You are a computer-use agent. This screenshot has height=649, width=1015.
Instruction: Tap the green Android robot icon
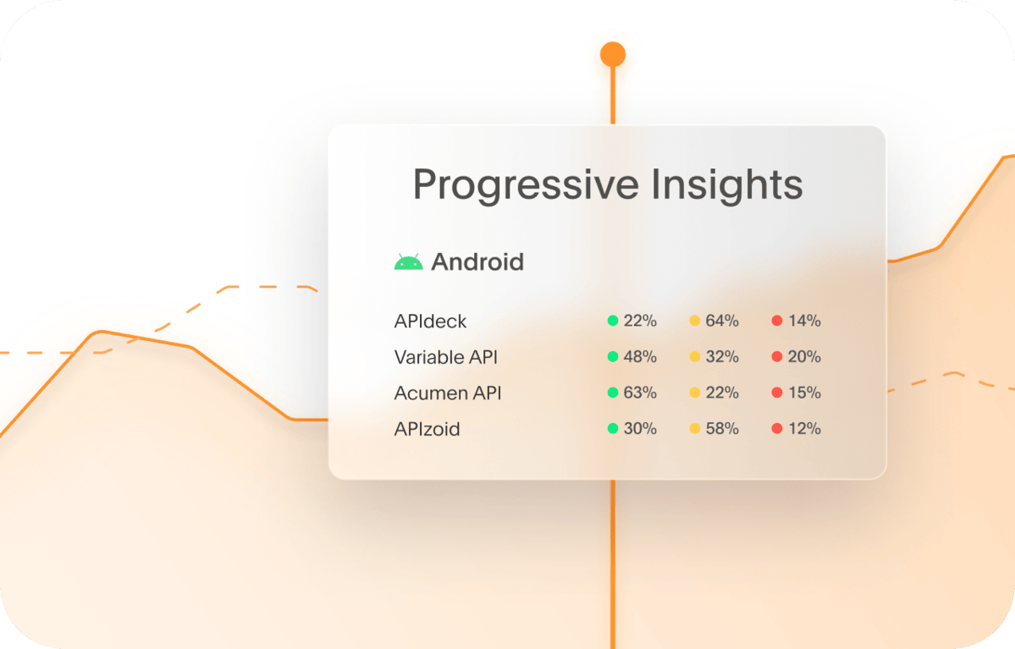coord(408,262)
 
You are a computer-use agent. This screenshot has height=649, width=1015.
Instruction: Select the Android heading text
coord(477,262)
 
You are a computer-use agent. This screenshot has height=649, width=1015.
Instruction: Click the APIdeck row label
coord(430,322)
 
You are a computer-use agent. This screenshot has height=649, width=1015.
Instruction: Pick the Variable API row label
coord(445,357)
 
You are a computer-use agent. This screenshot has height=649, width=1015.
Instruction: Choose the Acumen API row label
coord(448,393)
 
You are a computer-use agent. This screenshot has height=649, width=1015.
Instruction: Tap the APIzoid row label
coord(427,429)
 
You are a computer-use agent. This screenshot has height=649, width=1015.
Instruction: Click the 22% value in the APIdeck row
coord(640,322)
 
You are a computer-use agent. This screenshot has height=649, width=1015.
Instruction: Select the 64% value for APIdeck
coord(722,322)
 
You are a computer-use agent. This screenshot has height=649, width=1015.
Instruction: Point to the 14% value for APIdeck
coord(804,322)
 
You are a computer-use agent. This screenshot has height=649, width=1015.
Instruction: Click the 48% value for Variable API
coord(640,357)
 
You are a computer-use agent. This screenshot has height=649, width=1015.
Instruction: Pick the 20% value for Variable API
coord(804,357)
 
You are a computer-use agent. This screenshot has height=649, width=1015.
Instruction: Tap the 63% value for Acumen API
coord(640,393)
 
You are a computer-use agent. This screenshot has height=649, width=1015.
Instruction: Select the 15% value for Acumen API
coord(804,393)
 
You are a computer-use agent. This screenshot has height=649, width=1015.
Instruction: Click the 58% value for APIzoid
coord(722,429)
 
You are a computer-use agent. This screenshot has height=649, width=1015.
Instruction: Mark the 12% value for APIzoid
coord(804,429)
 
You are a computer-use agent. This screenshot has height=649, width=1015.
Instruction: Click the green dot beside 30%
coord(613,429)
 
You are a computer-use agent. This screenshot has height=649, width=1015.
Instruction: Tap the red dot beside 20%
coord(777,357)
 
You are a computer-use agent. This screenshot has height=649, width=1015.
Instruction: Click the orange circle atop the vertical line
coord(613,55)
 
